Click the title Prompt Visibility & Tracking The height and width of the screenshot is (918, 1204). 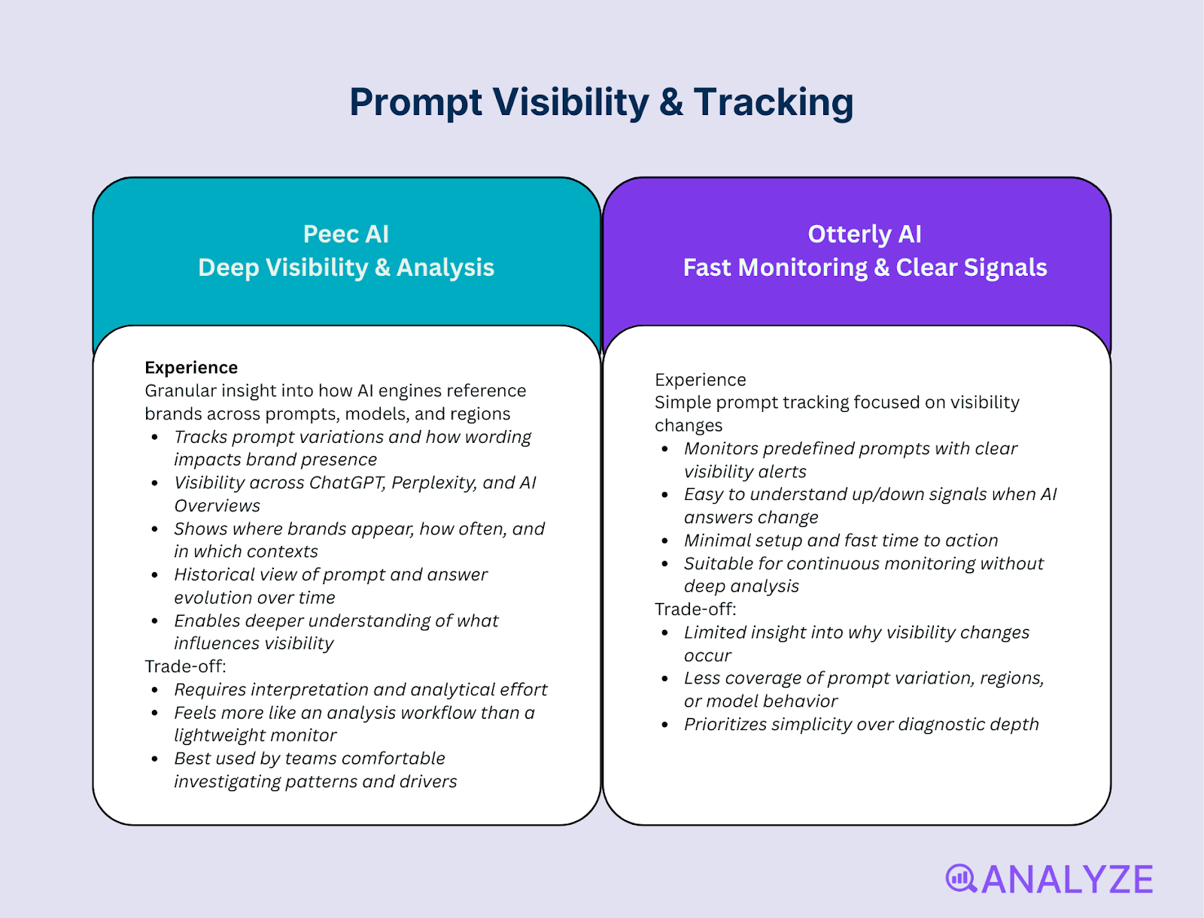(601, 102)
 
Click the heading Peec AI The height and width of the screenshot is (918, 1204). (345, 234)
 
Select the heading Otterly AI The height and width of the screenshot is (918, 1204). (864, 234)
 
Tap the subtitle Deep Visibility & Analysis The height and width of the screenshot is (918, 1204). (345, 268)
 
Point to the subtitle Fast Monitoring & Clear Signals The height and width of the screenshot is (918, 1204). (864, 268)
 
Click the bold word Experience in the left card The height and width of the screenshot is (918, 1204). (191, 368)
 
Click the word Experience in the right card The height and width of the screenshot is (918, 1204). (700, 380)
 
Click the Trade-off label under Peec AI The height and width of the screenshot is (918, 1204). (185, 666)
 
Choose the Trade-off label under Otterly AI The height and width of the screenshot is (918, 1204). (695, 609)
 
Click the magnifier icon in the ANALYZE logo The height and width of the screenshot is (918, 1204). (960, 878)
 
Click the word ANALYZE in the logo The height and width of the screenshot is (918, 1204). (1067, 880)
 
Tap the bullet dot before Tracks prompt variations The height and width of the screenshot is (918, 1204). (154, 438)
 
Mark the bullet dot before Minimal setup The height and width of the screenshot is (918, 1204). (664, 541)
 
